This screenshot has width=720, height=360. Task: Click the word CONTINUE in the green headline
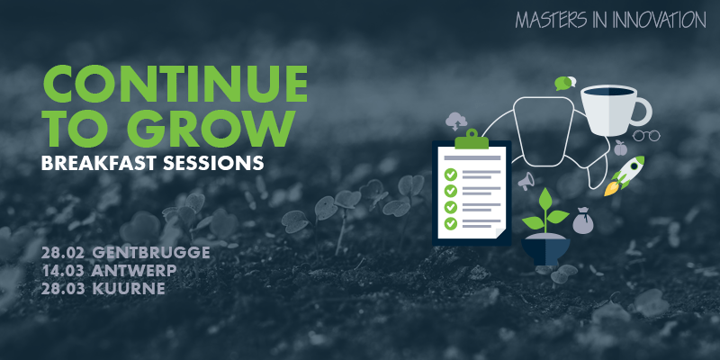pos(175,84)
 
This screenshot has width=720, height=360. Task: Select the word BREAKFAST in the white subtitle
pos(98,163)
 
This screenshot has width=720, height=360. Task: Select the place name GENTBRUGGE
pos(151,253)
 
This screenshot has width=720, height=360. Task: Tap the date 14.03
pos(62,271)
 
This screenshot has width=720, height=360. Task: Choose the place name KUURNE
pos(129,289)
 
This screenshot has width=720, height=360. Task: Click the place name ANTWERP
pos(134,271)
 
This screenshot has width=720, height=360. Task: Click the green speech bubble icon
pos(563,83)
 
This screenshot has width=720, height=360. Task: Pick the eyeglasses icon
pos(646,136)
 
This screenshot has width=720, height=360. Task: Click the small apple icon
pos(620,148)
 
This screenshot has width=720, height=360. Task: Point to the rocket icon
pos(625,175)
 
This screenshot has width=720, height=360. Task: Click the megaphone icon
pos(526,181)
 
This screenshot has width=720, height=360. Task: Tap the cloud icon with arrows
pos(456,121)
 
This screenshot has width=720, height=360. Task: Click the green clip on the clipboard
pos(472,139)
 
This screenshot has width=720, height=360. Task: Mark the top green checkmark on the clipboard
pos(451,175)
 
